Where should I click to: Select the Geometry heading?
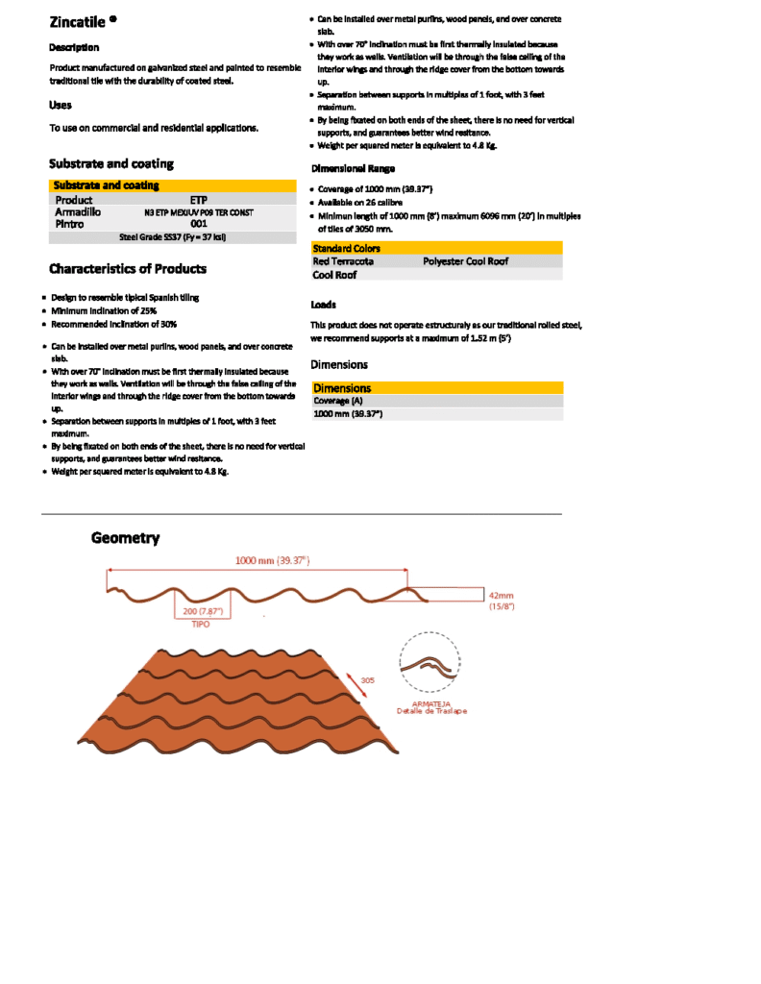(x=125, y=538)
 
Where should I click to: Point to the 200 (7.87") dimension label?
(x=202, y=611)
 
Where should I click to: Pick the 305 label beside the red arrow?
(x=367, y=679)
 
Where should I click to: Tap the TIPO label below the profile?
(x=200, y=624)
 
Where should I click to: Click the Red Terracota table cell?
(x=343, y=260)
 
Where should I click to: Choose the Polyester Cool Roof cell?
(x=465, y=260)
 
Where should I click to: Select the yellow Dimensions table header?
(x=342, y=388)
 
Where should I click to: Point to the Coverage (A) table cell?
(x=338, y=401)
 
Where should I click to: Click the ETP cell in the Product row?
(x=199, y=200)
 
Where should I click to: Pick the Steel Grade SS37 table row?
(x=172, y=235)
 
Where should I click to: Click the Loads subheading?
(x=323, y=305)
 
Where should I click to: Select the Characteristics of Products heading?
(x=128, y=268)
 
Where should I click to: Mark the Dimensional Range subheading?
(x=353, y=168)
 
